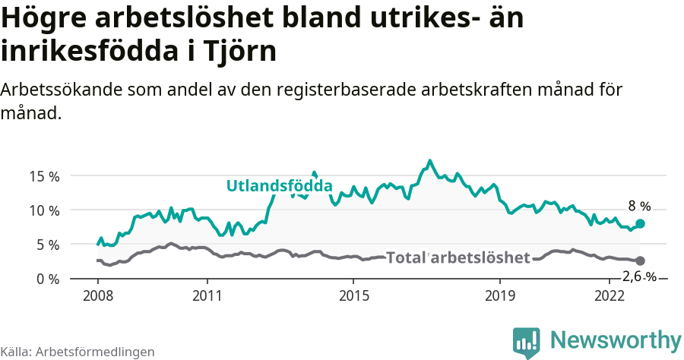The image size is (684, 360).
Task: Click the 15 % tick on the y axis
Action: (x=43, y=176)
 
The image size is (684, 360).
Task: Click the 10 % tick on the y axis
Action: (x=43, y=210)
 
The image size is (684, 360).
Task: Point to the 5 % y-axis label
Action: (x=46, y=245)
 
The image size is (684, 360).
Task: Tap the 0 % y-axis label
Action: (x=46, y=279)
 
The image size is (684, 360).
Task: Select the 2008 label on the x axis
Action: (x=98, y=295)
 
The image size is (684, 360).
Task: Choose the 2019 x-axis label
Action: (x=499, y=295)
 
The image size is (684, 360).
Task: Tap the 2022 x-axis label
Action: (x=609, y=295)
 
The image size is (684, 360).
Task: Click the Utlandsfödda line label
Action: (x=280, y=186)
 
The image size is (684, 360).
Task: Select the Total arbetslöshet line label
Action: (x=458, y=258)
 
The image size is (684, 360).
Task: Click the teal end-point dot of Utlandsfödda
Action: (x=640, y=223)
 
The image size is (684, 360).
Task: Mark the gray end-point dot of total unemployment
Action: (x=640, y=261)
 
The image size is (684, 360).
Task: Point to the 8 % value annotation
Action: (x=639, y=206)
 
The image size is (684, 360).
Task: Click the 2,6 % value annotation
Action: (x=638, y=276)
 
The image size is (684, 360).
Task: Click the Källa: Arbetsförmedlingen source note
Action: (x=78, y=352)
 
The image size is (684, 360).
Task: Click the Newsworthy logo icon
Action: (x=527, y=343)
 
